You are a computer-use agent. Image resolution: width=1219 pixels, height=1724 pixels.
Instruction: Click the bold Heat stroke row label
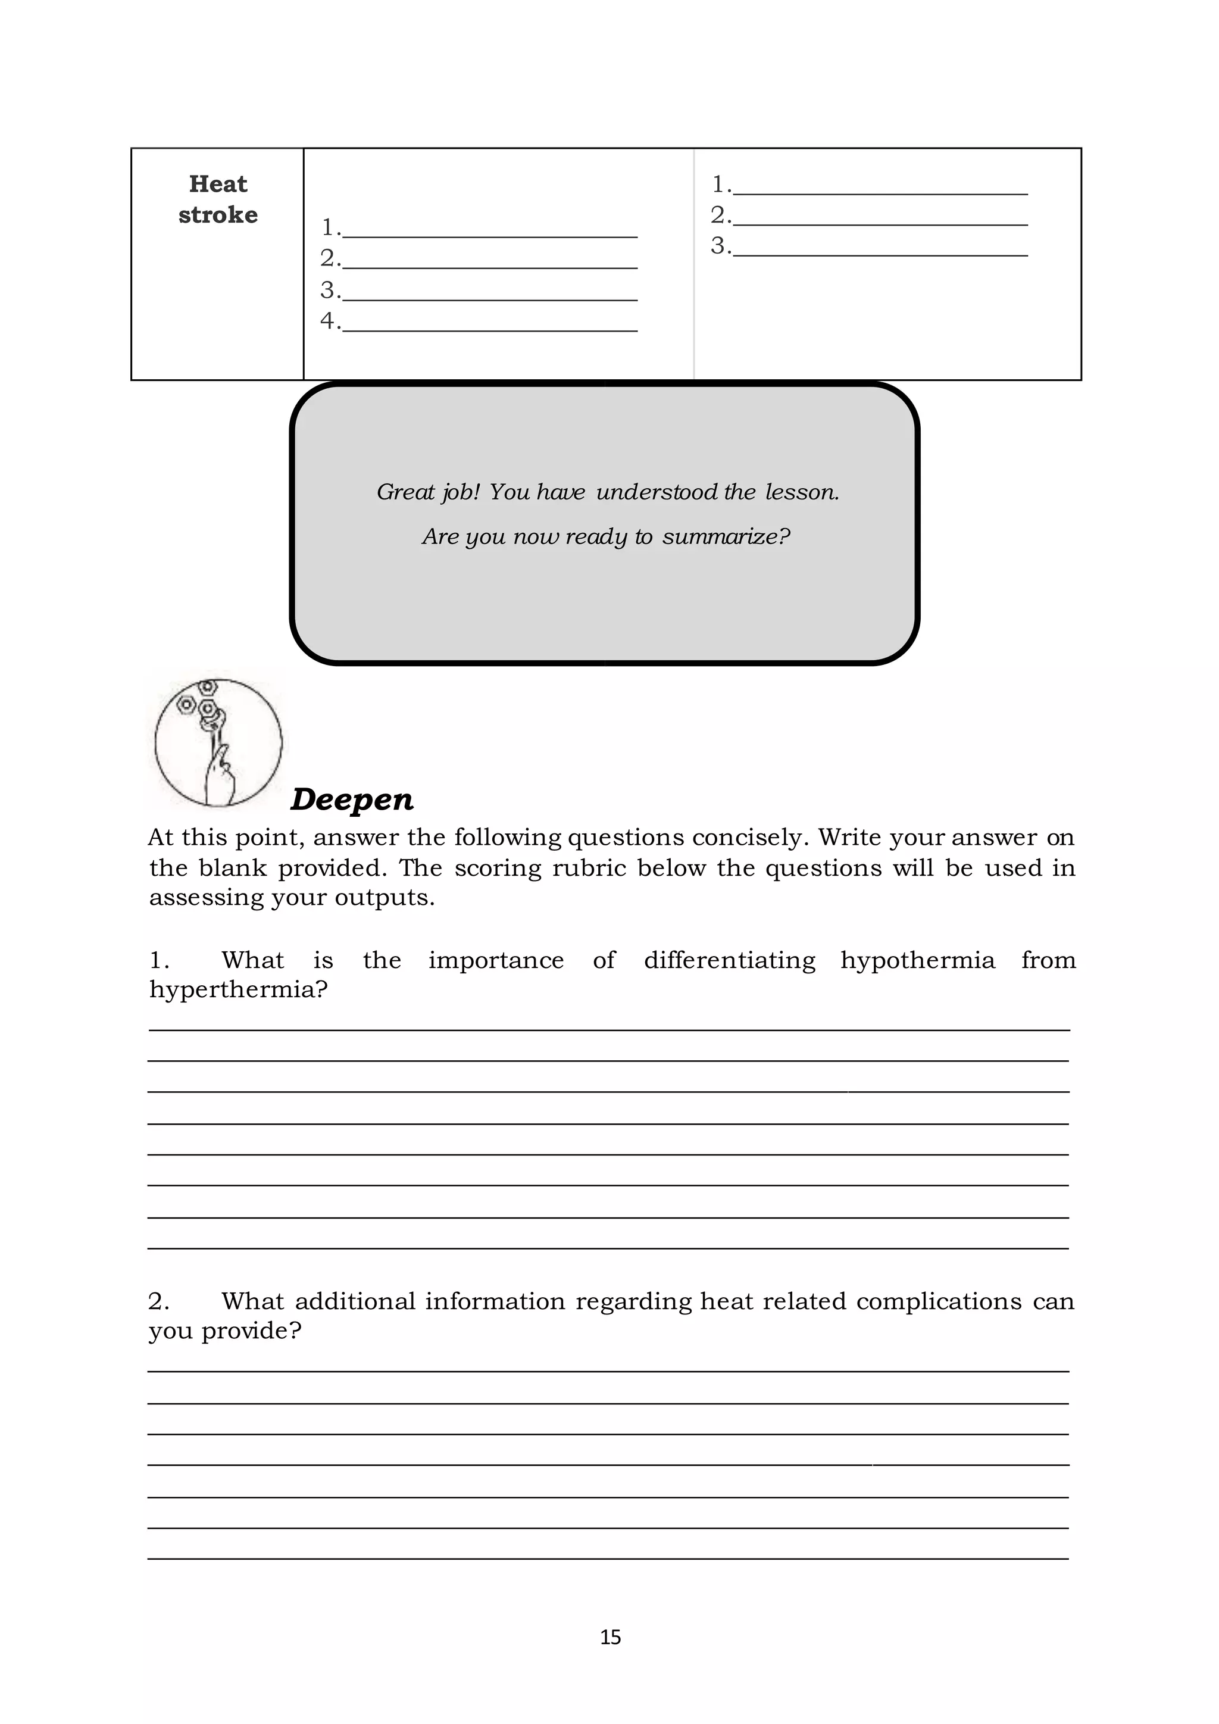[218, 199]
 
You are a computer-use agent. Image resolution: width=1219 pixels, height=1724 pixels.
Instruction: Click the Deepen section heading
[351, 799]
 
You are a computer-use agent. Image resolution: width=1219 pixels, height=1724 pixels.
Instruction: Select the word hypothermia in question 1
[917, 960]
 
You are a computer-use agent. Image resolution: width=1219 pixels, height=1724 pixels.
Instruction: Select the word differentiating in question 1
[729, 960]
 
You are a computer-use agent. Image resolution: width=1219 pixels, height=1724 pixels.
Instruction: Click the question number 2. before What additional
[158, 1301]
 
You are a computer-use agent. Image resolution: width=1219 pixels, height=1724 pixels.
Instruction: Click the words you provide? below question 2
[224, 1331]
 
